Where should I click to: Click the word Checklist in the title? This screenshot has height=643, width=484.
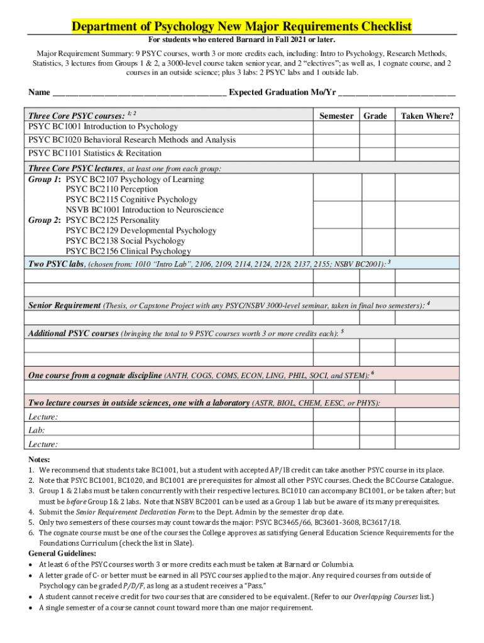coord(381,26)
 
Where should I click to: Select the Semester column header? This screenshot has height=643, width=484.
coord(336,116)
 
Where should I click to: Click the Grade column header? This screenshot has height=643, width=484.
coord(375,116)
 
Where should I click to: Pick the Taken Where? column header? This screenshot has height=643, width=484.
coord(427,116)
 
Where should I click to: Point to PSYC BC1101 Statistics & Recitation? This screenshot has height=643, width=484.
coord(95,153)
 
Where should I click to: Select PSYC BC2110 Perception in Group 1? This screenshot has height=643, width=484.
coord(112,189)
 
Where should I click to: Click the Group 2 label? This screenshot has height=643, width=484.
coord(45,220)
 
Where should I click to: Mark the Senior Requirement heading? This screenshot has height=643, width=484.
coord(65,305)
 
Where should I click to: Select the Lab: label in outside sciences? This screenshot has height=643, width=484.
coord(36,430)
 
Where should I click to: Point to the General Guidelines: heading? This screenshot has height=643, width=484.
coord(62,553)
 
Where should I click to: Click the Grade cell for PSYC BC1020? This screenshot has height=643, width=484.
coord(375,140)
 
